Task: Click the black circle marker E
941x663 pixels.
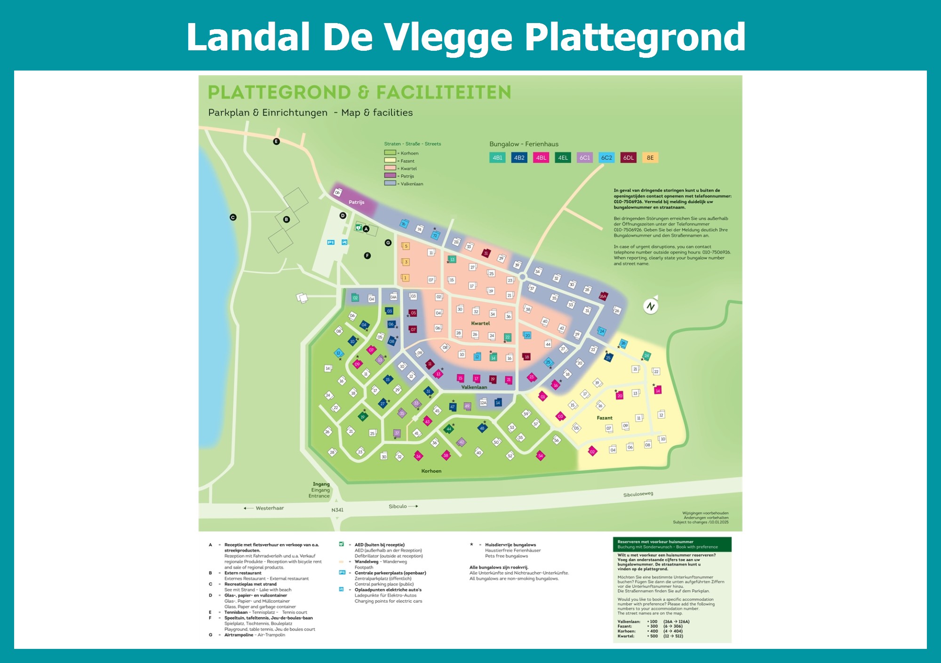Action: point(276,142)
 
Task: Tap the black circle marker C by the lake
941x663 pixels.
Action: point(233,217)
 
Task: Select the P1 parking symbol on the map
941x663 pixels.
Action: point(331,243)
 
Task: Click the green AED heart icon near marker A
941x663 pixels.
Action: point(359,228)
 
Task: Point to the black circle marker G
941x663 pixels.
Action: point(388,243)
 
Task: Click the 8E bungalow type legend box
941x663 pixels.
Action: point(650,158)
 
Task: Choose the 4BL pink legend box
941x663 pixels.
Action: point(541,158)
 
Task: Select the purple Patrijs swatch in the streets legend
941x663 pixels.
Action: point(390,176)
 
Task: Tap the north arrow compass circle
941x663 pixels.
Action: point(651,307)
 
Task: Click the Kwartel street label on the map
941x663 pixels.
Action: point(480,324)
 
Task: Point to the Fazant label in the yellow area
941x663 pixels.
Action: point(605,418)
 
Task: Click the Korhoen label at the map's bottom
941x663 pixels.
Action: point(431,471)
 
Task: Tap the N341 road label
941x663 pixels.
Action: point(337,510)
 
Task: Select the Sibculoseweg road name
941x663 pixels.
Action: point(638,494)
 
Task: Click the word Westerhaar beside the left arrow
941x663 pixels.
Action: point(270,508)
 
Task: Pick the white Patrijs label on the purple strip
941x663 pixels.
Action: point(356,202)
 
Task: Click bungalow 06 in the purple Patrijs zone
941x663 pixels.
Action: point(337,192)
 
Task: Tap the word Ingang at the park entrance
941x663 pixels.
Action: point(321,484)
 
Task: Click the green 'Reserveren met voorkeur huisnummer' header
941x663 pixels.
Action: point(672,544)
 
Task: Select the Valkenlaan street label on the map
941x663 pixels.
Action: point(474,387)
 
